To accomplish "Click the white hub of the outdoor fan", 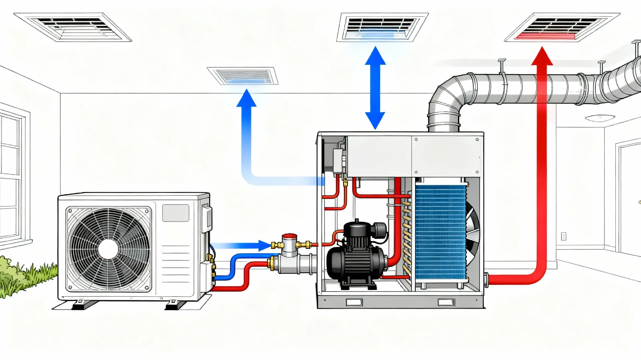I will click(108, 249).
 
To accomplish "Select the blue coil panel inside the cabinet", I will click(440, 232).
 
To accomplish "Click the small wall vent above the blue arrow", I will click(243, 76).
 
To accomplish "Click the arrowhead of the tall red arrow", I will click(542, 57).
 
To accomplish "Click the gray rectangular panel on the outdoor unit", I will click(175, 213).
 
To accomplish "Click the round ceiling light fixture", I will click(600, 118).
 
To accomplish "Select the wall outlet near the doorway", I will click(564, 236).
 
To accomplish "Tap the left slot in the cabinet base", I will click(354, 302).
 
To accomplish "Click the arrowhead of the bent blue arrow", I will click(246, 98).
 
